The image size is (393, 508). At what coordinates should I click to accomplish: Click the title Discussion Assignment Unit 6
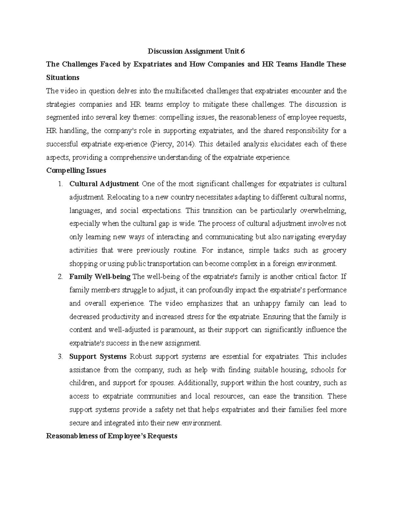(x=196, y=51)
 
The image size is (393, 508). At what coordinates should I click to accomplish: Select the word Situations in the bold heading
(x=63, y=78)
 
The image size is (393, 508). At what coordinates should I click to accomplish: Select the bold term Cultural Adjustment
(x=104, y=184)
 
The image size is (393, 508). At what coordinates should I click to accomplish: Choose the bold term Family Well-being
(x=100, y=277)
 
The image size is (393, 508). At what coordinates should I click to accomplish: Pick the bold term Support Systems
(x=98, y=357)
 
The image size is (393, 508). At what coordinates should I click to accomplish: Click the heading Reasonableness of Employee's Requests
(x=112, y=436)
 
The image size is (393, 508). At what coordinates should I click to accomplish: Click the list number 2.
(x=60, y=277)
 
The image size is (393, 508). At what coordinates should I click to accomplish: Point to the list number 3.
(x=60, y=357)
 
